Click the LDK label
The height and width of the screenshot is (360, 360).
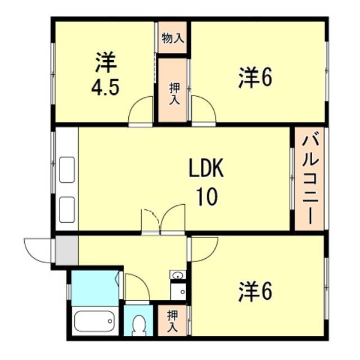[x=206, y=168]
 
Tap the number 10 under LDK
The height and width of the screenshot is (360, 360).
[x=207, y=196]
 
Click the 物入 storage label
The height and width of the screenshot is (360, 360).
[x=173, y=38]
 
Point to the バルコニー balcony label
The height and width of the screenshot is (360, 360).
[x=310, y=179]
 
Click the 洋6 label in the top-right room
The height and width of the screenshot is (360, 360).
[x=255, y=78]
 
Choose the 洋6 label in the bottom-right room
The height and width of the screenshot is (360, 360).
[x=255, y=291]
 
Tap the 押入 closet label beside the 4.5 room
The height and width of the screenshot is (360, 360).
[x=175, y=94]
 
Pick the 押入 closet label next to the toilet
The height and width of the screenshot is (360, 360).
[x=173, y=321]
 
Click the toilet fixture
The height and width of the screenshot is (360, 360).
[x=138, y=325]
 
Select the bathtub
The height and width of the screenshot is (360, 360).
[x=94, y=321]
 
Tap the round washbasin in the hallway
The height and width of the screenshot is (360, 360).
[x=178, y=274]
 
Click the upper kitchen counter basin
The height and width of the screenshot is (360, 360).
[x=67, y=170]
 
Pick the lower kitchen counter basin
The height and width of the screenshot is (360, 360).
[x=67, y=210]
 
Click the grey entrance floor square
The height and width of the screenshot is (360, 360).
[x=67, y=250]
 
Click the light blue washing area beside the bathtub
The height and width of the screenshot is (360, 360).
[x=95, y=288]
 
